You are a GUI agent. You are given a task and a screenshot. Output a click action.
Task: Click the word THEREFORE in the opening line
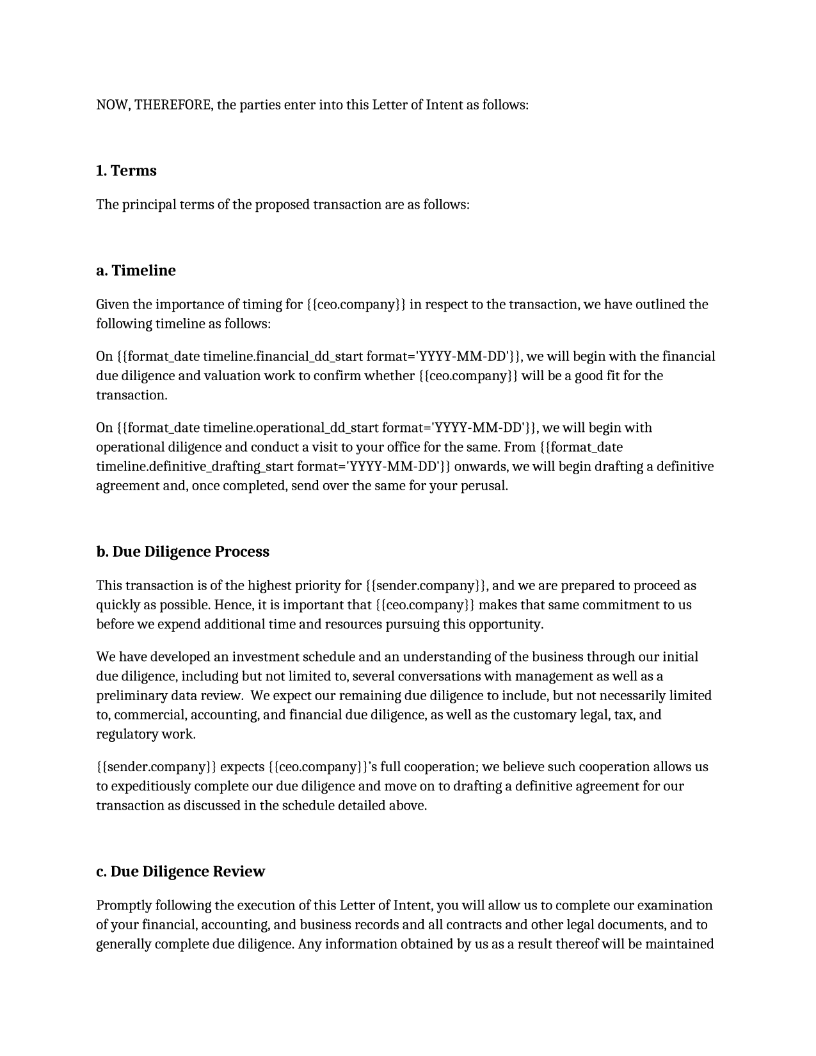coord(173,105)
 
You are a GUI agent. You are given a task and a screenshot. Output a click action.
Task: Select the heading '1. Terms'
coord(126,171)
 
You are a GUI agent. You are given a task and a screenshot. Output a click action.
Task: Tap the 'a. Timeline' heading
coord(136,271)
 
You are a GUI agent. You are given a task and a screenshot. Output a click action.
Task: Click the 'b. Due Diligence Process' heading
coord(182,552)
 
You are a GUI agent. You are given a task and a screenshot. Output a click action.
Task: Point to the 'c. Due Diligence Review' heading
coord(180,872)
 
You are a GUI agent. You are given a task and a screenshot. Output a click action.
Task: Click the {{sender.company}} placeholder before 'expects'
coord(156,767)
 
